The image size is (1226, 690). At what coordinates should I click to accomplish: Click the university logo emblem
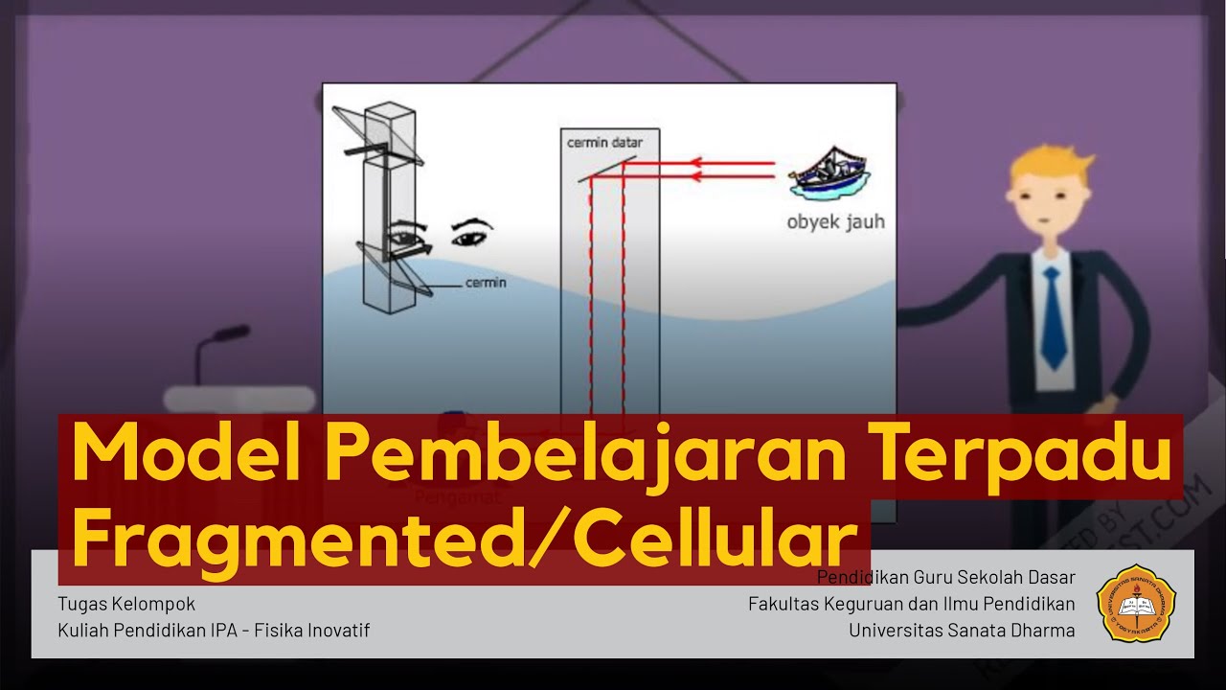tap(1136, 603)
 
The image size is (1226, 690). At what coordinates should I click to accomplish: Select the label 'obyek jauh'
tap(835, 222)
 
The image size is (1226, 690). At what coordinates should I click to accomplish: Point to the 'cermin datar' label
tap(604, 143)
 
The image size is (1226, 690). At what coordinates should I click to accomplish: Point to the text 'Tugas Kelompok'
tap(126, 604)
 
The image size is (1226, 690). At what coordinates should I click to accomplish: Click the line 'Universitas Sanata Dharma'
tap(962, 630)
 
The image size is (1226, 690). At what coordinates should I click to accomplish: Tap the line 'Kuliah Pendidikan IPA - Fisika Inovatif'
tap(214, 630)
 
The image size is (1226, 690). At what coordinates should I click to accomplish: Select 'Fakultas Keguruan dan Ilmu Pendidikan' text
tap(912, 604)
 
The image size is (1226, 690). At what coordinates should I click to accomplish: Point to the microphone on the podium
tap(222, 334)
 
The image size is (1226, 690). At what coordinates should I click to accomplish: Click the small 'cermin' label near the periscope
tap(486, 283)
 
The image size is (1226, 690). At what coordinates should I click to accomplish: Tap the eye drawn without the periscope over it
tap(471, 234)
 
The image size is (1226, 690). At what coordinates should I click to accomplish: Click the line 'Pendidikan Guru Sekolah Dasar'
tap(946, 577)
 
